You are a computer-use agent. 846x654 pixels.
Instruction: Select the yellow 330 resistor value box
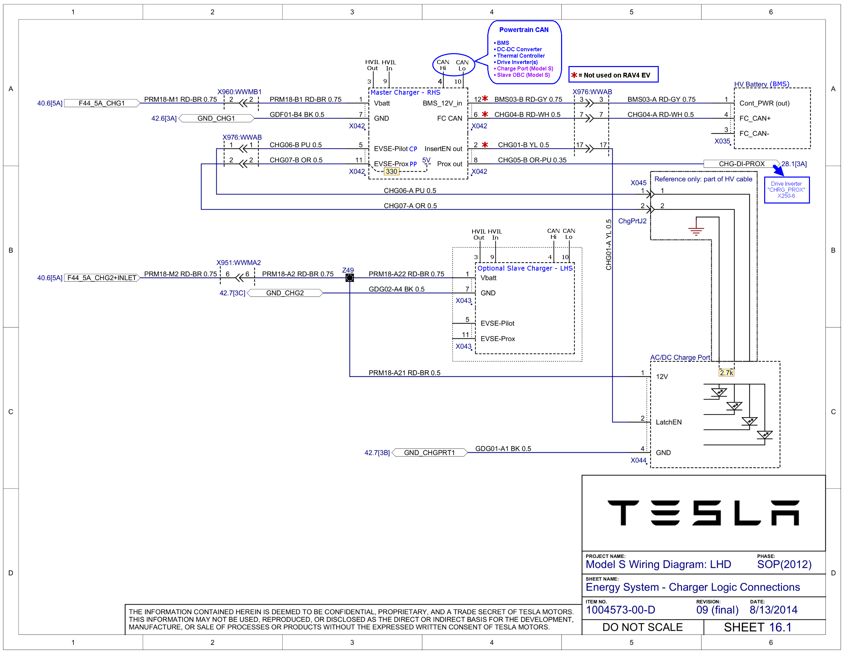click(x=391, y=171)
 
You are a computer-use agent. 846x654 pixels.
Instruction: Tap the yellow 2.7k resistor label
click(x=726, y=373)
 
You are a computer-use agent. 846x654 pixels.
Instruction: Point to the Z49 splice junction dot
click(x=349, y=277)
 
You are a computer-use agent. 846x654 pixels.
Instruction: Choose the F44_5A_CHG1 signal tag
click(x=102, y=103)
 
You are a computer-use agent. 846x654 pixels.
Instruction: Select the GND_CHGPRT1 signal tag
click(x=429, y=453)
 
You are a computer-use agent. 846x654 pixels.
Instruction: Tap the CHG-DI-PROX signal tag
click(x=741, y=164)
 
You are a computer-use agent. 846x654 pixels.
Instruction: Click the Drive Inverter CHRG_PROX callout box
click(x=786, y=190)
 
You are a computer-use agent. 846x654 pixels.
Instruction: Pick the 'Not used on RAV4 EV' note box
click(x=613, y=74)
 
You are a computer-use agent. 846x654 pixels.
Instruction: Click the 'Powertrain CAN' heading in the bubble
click(x=524, y=30)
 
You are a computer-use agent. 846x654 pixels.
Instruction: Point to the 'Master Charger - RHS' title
click(x=405, y=92)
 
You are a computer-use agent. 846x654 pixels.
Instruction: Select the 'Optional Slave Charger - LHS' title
click(x=525, y=268)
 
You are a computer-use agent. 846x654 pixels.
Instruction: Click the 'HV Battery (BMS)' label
click(x=761, y=84)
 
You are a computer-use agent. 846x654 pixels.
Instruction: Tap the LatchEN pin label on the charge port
click(x=669, y=422)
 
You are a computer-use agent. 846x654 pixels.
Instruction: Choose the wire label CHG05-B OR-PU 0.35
click(x=532, y=160)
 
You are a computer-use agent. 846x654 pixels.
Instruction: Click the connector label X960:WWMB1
click(x=239, y=92)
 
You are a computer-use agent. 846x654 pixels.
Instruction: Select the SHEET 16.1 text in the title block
click(x=758, y=627)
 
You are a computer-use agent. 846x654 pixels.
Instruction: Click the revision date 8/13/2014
click(x=774, y=610)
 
